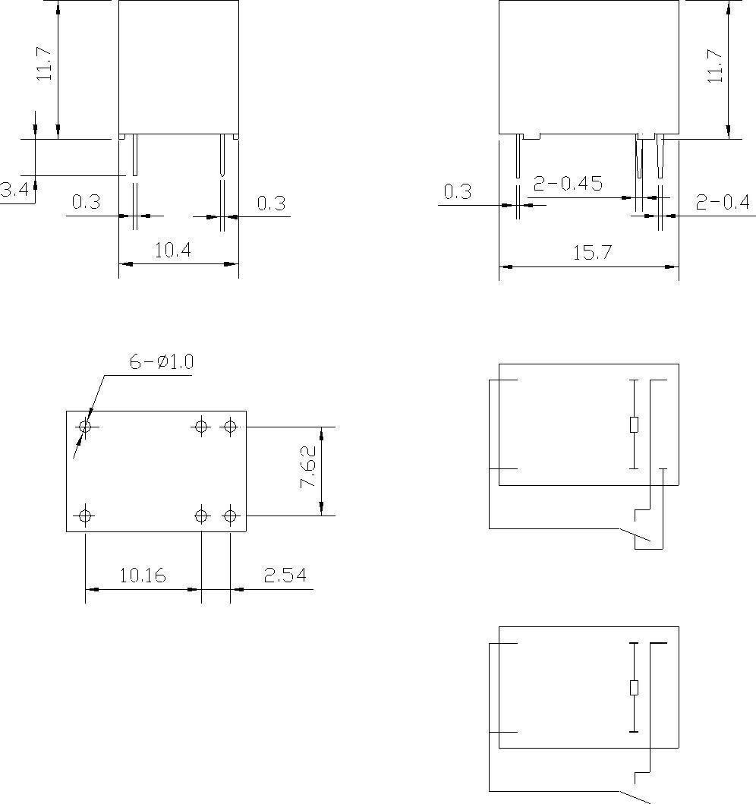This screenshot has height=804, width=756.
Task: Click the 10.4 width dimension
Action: coord(172,251)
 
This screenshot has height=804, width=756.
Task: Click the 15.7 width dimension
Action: coord(591,253)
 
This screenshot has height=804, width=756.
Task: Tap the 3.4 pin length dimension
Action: coord(14,190)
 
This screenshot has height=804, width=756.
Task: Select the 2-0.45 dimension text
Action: coord(567,184)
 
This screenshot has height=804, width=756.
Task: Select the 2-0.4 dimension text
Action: coord(722,202)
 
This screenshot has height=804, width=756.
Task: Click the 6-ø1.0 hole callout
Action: coord(161,362)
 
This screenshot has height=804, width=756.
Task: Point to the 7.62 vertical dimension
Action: coord(309,471)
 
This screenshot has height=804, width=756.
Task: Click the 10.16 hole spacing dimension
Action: coord(142,575)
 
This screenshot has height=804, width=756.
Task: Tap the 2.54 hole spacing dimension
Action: coord(285,575)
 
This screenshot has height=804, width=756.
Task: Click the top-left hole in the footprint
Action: coord(85,427)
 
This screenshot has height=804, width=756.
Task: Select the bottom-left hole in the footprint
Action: coord(85,517)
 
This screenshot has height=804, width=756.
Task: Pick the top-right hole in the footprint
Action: coord(229,427)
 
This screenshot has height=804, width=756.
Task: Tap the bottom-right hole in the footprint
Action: coord(230,517)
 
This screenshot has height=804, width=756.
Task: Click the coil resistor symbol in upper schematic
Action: coord(635,424)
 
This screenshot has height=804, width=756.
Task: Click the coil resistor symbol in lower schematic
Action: coord(635,688)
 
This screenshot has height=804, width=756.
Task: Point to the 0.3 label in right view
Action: coord(457,191)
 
